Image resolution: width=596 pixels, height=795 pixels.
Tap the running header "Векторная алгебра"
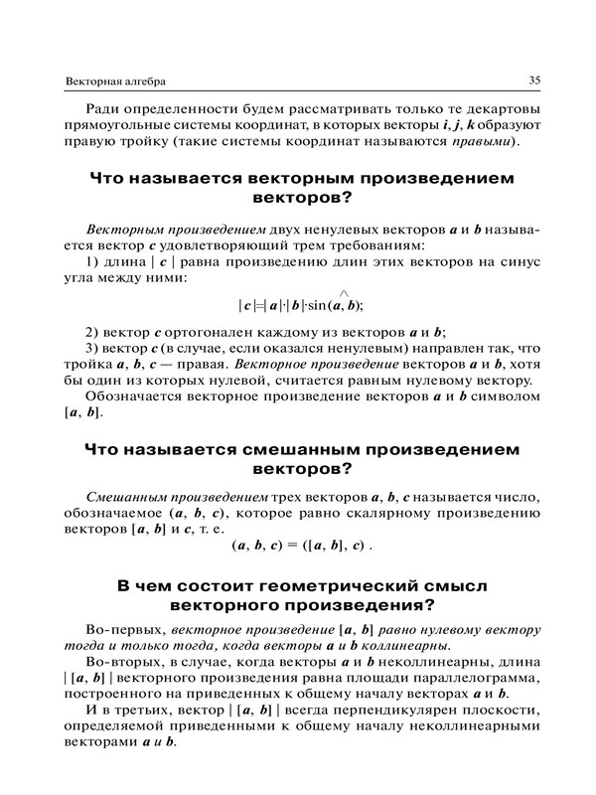coord(113,80)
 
